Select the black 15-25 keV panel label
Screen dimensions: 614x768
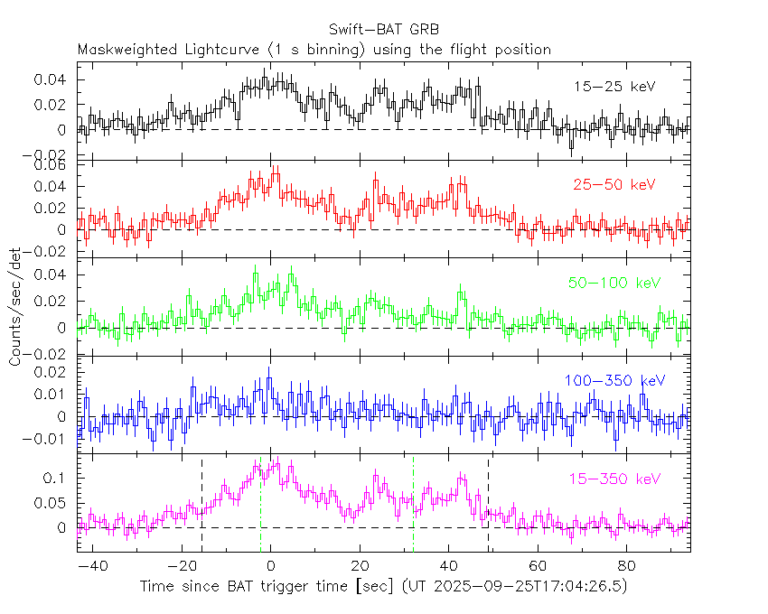click(614, 87)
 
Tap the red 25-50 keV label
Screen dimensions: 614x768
click(613, 185)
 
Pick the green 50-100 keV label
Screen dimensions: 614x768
click(614, 284)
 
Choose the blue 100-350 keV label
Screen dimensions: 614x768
click(614, 381)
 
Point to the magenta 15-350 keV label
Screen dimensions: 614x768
click(614, 479)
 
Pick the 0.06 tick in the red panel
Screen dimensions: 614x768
click(55, 165)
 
